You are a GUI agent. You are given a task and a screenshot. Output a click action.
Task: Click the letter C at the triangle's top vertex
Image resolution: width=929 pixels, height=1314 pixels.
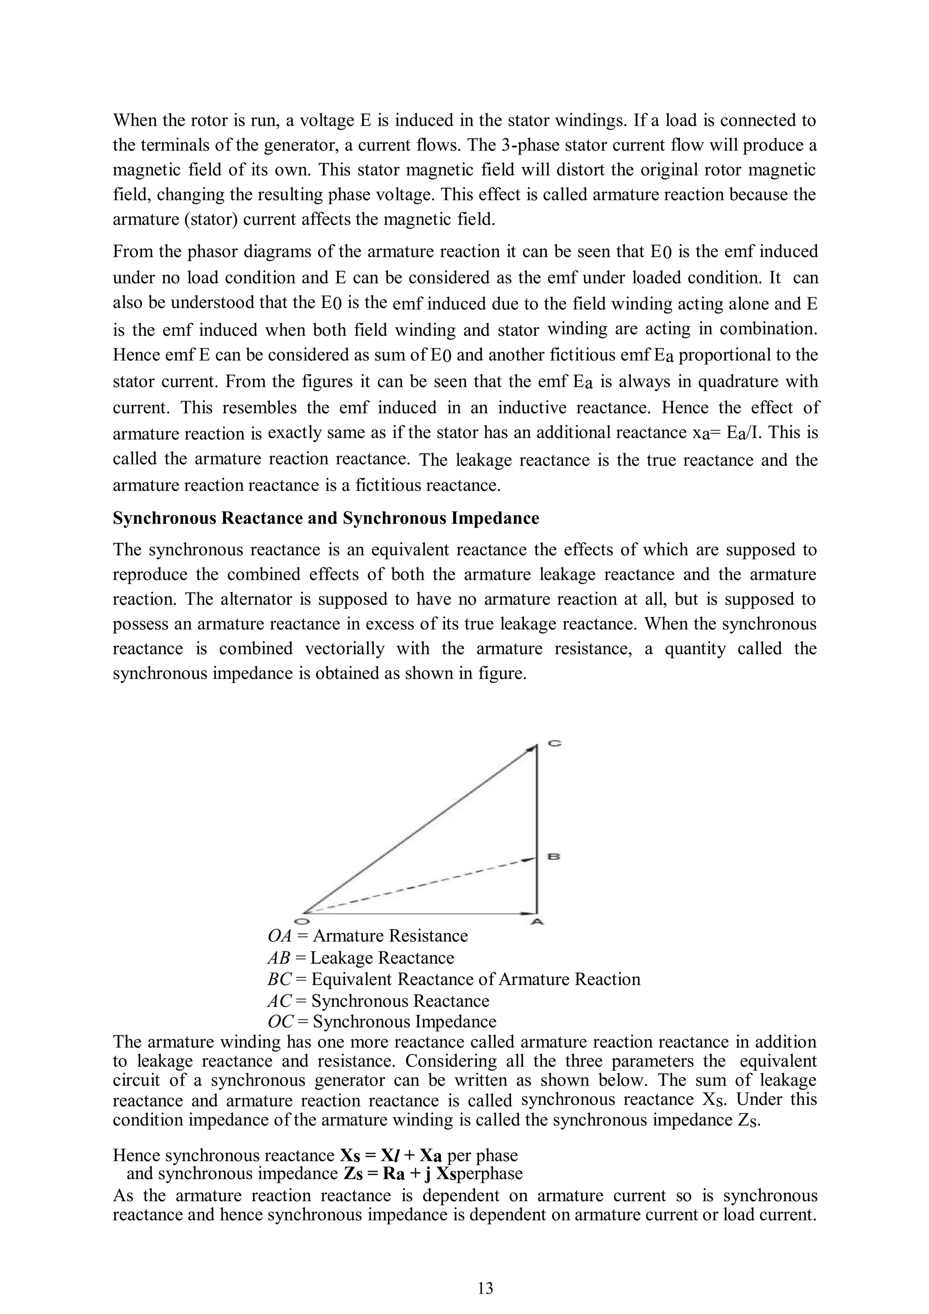tap(554, 743)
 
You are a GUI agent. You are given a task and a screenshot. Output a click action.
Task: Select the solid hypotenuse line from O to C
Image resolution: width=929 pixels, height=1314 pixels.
tap(418, 829)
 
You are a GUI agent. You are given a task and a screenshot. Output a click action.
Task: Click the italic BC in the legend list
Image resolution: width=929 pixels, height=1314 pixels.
tap(279, 979)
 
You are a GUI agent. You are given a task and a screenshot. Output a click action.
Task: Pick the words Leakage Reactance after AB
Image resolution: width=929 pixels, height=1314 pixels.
tap(381, 957)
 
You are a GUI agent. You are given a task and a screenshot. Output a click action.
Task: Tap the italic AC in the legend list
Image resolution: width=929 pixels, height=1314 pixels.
tap(279, 1001)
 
